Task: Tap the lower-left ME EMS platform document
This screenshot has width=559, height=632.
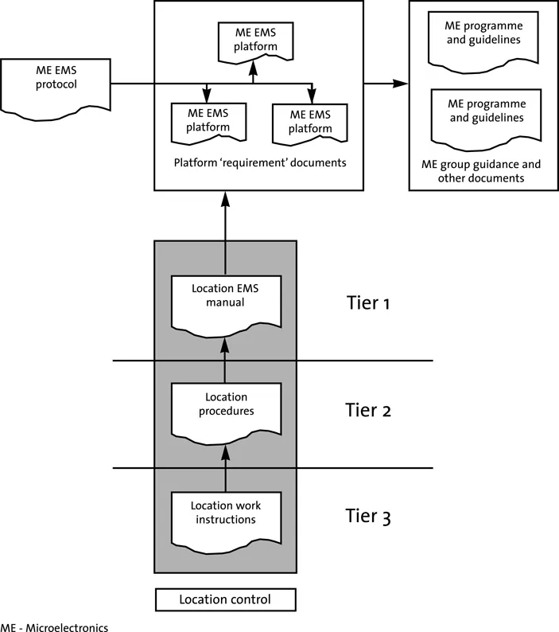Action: pyautogui.click(x=208, y=121)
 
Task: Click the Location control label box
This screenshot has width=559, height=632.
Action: pyautogui.click(x=225, y=599)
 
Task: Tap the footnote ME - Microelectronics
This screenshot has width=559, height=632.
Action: pyautogui.click(x=54, y=626)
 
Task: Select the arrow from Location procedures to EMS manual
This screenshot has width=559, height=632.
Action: pyautogui.click(x=225, y=358)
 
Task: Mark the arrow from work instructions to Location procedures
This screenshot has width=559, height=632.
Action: pyautogui.click(x=225, y=468)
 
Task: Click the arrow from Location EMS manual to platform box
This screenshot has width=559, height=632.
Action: pyautogui.click(x=225, y=235)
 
